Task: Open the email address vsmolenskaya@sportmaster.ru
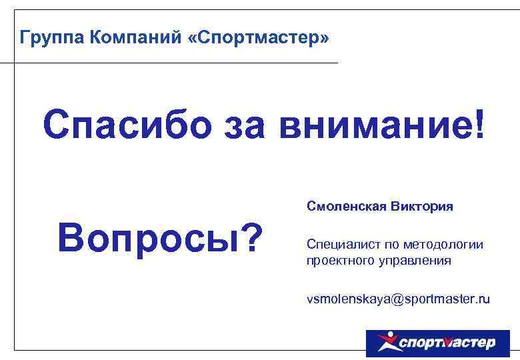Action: point(398,299)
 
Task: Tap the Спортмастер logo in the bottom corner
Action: point(437,343)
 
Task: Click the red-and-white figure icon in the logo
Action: point(386,343)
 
